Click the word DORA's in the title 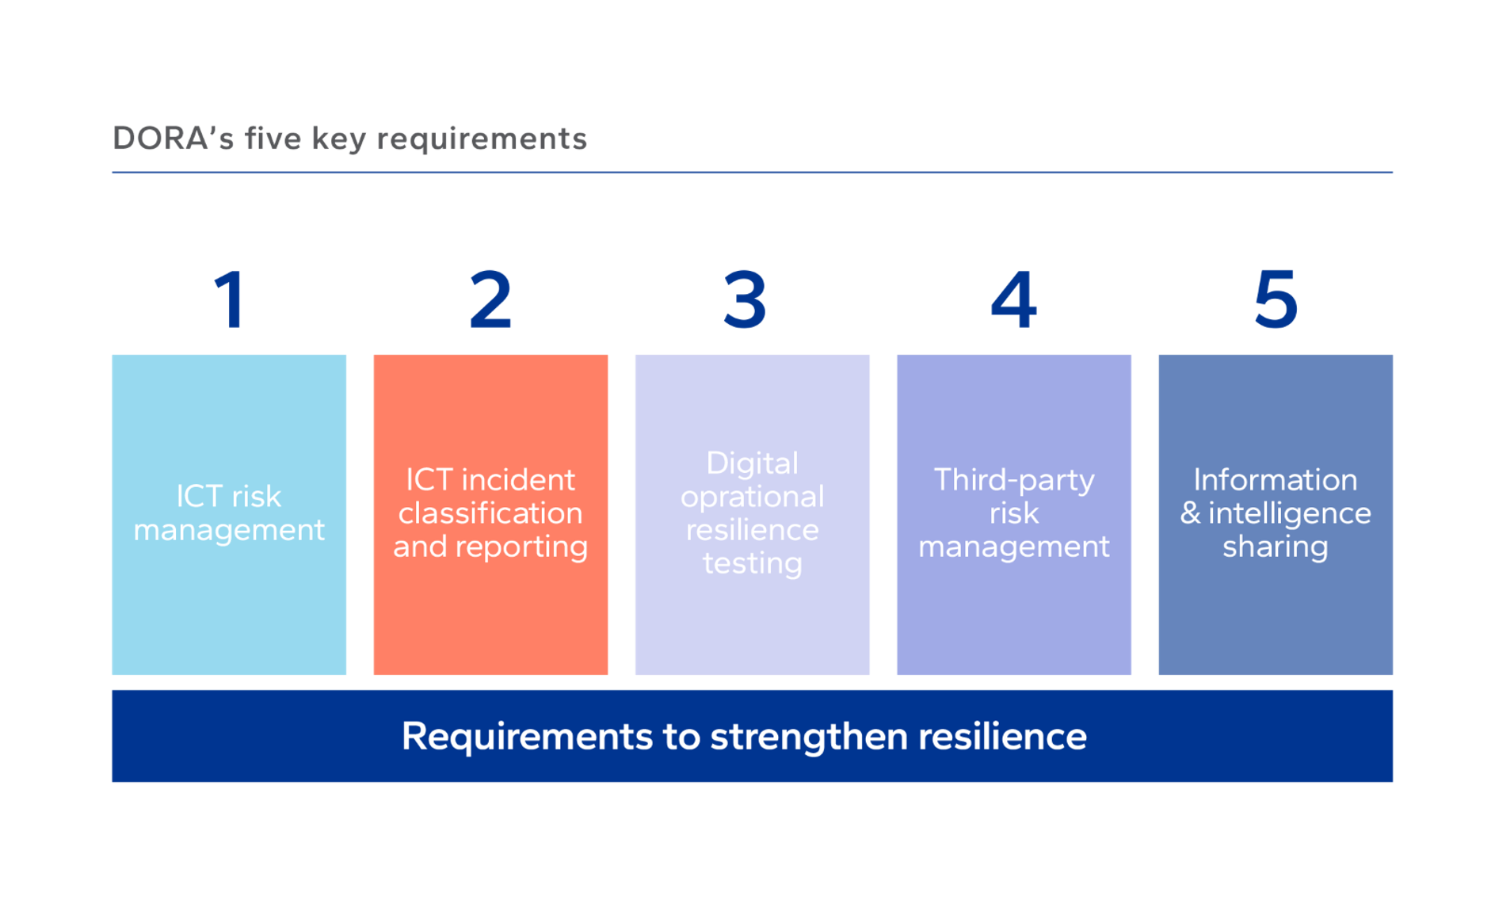[x=174, y=139]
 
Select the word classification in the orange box [x=490, y=513]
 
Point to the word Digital [x=752, y=463]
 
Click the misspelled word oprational [x=752, y=497]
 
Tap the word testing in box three [x=752, y=563]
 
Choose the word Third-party [x=1014, y=481]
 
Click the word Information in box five [x=1276, y=480]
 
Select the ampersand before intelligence [x=1190, y=513]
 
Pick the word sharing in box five [x=1276, y=547]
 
